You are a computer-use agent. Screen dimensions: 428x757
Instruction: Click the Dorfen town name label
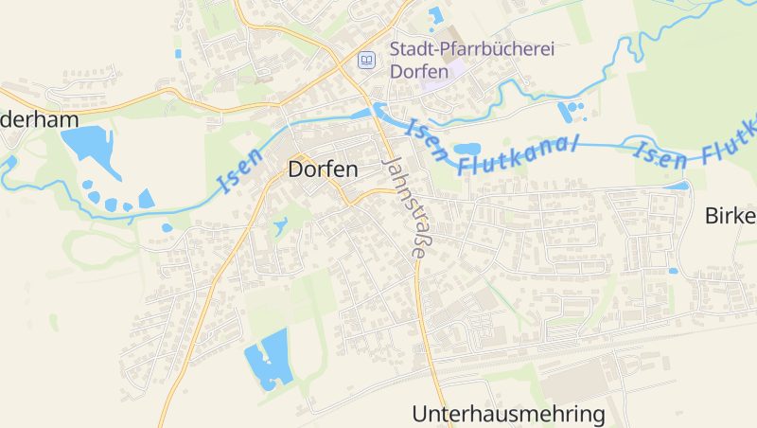(323, 170)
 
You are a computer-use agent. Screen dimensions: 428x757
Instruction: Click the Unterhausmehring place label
(508, 414)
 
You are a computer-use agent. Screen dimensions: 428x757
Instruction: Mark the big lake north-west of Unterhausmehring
(267, 358)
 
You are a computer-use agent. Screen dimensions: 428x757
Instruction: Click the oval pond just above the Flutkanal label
(467, 149)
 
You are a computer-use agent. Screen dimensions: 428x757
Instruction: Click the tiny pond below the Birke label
(674, 271)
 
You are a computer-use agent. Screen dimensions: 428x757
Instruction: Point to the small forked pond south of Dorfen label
(280, 226)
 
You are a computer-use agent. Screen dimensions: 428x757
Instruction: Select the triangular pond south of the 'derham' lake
(146, 199)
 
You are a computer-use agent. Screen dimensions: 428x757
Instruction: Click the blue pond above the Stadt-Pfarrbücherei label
(436, 16)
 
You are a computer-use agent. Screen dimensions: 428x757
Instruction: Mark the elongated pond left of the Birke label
(678, 187)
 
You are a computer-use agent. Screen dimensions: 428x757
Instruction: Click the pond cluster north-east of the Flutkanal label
(571, 113)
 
